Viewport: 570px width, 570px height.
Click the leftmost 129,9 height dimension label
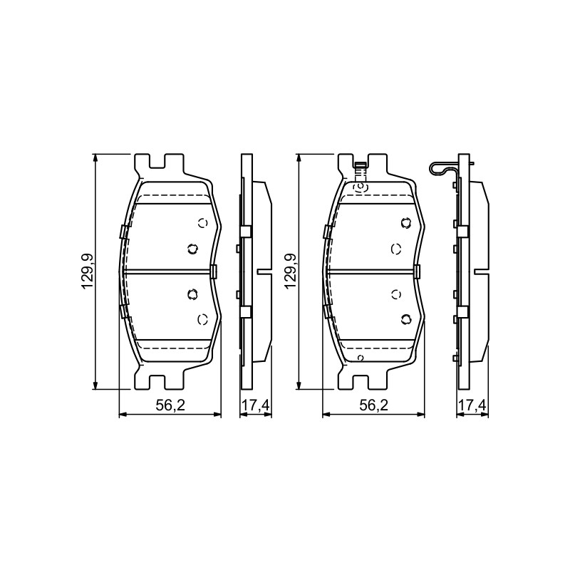click(x=88, y=271)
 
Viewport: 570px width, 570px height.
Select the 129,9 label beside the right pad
click(x=291, y=271)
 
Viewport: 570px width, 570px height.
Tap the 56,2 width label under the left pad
click(x=170, y=405)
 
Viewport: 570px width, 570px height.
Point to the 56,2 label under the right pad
click(x=373, y=405)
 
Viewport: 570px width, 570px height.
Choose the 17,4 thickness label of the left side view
click(x=256, y=405)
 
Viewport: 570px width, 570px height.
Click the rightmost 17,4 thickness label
click(x=472, y=405)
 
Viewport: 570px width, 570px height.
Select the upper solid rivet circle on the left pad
click(x=192, y=249)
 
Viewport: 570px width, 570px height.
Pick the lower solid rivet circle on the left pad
click(x=192, y=294)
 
